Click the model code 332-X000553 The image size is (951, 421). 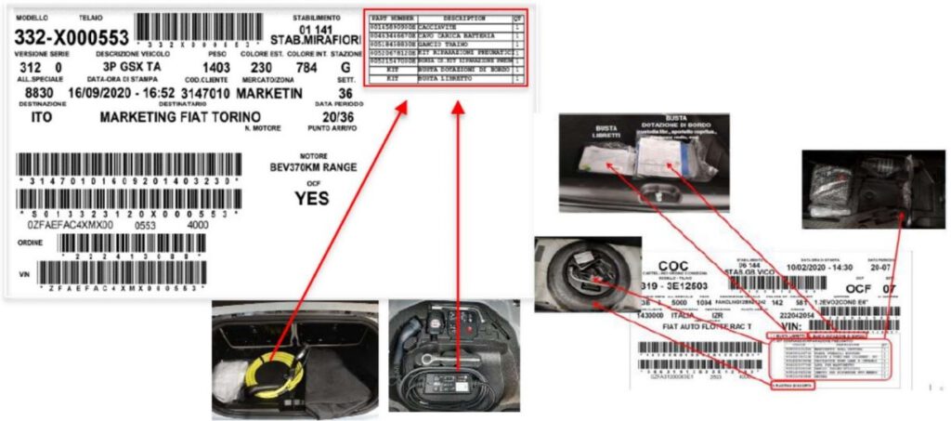tap(71, 38)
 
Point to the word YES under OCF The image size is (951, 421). tap(312, 198)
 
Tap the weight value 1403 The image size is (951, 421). tap(216, 68)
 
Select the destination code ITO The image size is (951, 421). tap(42, 118)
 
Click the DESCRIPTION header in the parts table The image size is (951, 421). tap(463, 18)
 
